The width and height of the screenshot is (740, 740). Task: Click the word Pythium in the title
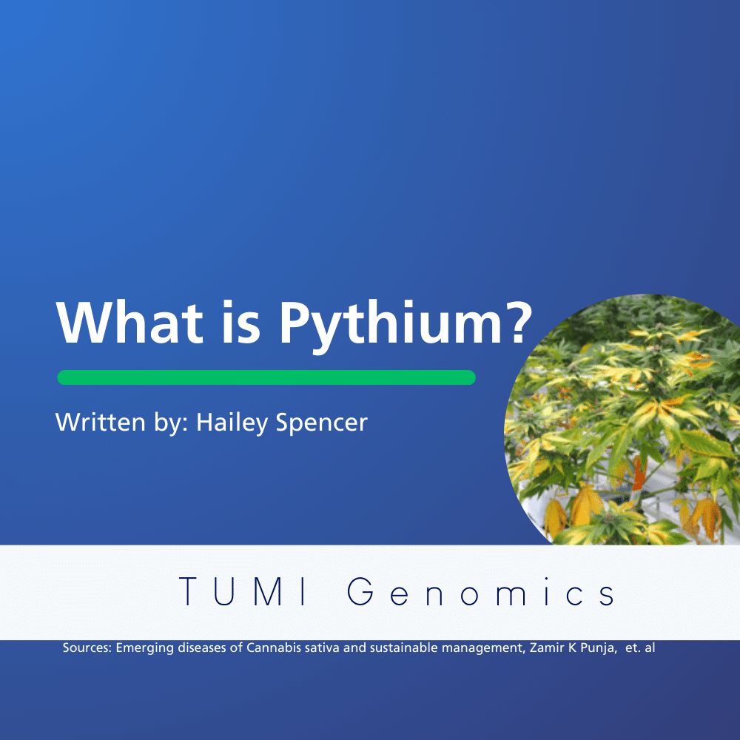pos(390,325)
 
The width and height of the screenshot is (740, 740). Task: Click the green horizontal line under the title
pos(266,377)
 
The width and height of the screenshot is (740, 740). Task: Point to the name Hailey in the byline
pos(232,423)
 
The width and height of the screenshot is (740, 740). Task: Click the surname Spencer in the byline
pos(321,423)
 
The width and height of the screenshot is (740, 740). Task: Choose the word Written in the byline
pos(100,422)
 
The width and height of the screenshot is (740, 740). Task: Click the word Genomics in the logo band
pos(481,591)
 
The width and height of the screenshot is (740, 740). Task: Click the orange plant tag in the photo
pos(639,474)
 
